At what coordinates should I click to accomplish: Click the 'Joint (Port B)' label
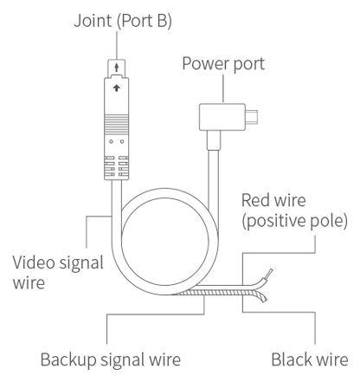(123, 21)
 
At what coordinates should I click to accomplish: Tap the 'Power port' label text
(223, 63)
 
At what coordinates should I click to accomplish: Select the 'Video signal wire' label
(58, 272)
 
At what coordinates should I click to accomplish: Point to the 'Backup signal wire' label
(111, 359)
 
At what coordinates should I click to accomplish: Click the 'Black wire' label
(310, 359)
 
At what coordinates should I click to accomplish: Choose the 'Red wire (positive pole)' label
(294, 210)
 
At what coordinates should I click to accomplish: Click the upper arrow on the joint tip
(117, 68)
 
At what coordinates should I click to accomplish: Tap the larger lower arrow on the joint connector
(117, 87)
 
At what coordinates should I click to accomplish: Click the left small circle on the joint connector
(112, 141)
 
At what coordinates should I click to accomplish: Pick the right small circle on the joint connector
(122, 141)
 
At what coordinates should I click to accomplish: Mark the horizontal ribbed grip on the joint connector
(117, 124)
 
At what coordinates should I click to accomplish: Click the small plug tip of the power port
(252, 117)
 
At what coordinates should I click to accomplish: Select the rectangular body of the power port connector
(222, 117)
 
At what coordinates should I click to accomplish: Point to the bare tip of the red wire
(269, 273)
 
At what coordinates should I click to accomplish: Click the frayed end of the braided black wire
(262, 297)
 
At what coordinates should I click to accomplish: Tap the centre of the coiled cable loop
(164, 242)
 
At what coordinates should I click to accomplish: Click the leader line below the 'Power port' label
(223, 89)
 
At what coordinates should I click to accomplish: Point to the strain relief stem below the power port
(214, 139)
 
